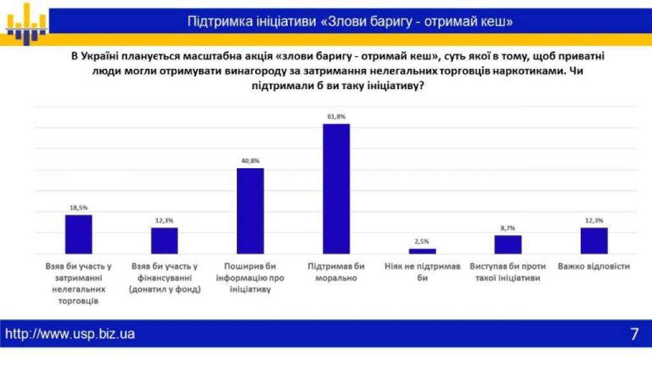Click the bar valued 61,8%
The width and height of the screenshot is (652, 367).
pos(336,189)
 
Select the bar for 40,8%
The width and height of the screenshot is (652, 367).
pos(250,211)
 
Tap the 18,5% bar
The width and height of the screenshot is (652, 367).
pos(79,234)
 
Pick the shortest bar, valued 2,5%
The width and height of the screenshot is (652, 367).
pos(422,251)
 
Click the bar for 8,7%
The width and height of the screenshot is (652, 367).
pos(508,245)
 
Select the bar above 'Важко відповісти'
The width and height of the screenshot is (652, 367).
pos(594,241)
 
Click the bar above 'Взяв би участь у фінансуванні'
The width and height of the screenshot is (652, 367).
pos(164,241)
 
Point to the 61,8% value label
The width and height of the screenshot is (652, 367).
pos(336,117)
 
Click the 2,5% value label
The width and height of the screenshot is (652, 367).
pos(422,241)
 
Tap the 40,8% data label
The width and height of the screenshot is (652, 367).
pos(250,161)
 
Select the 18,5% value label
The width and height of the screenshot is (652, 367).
pos(79,208)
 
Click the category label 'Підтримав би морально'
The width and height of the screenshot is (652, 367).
pos(336,272)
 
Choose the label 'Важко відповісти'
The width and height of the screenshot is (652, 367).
pos(593,266)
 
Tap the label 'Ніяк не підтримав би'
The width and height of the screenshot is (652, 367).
pos(422,272)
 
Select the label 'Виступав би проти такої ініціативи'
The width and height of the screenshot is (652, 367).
pos(508,272)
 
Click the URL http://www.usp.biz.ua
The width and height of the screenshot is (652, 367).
pos(70,334)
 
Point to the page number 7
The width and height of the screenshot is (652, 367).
pos(634,335)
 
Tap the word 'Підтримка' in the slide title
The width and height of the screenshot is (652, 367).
pos(216,22)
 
